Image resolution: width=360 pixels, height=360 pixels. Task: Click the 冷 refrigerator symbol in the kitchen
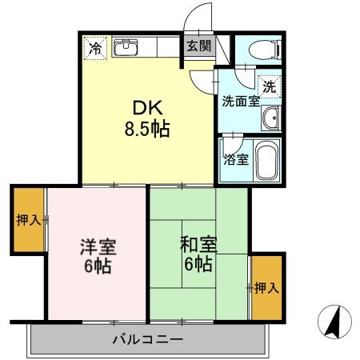(94, 47)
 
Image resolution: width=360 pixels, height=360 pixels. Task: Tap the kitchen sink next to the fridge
(126, 48)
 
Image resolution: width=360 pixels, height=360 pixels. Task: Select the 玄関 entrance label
(198, 46)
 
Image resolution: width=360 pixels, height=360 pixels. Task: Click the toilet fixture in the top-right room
(261, 49)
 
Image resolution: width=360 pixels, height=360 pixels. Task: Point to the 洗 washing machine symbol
(269, 84)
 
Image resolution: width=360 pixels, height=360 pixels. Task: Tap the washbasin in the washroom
(270, 118)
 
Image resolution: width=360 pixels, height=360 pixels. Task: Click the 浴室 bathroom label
(237, 158)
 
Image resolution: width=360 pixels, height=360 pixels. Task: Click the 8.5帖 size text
(147, 130)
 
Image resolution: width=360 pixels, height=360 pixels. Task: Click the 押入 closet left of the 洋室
(27, 221)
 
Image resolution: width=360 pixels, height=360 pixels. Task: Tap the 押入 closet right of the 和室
(266, 287)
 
